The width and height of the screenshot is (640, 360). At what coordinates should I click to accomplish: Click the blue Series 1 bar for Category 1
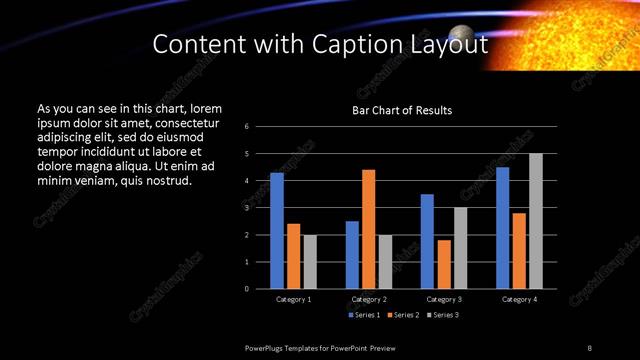pos(277,231)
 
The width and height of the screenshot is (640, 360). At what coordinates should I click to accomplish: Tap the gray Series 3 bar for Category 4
pos(536,221)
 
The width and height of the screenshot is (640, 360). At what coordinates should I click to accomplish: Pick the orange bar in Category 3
pos(444,264)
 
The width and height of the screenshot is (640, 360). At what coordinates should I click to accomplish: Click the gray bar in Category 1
pos(310,262)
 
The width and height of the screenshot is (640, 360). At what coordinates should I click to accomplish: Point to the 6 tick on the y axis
pos(247,127)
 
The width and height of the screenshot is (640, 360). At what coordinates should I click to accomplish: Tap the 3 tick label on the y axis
pos(247,208)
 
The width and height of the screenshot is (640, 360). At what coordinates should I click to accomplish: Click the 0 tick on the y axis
pos(247,289)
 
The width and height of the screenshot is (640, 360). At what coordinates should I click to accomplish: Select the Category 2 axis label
pos(369,299)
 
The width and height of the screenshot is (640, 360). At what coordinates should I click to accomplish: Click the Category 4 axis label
pos(519,299)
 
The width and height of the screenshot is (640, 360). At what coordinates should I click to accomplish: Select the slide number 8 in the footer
pos(589,347)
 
